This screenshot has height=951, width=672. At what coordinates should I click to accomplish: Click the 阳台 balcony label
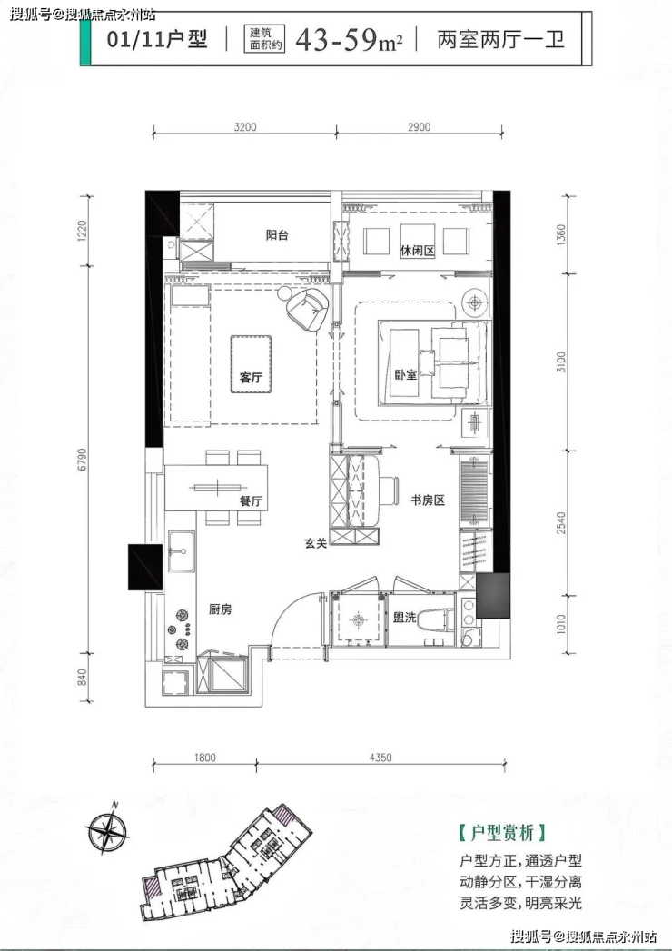[277, 235]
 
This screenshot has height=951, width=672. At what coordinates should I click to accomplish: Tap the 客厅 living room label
[251, 377]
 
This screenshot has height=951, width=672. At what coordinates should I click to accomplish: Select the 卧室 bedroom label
[406, 375]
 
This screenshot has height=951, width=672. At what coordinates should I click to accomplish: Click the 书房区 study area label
[429, 500]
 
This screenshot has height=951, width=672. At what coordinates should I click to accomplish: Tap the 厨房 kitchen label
[220, 609]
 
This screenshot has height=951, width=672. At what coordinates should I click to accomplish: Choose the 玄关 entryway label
[316, 543]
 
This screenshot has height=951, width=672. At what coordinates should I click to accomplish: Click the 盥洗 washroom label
[404, 618]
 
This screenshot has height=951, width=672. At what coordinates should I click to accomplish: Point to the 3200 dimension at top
[245, 127]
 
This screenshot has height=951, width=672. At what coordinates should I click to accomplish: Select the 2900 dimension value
[419, 127]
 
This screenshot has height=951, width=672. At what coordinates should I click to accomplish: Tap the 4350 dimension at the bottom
[380, 757]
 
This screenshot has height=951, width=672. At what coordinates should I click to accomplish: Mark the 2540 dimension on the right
[561, 523]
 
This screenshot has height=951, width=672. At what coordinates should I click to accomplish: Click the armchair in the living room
[308, 309]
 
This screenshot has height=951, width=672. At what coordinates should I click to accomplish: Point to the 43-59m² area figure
[350, 40]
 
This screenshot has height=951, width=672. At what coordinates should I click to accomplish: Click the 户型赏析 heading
[503, 831]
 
